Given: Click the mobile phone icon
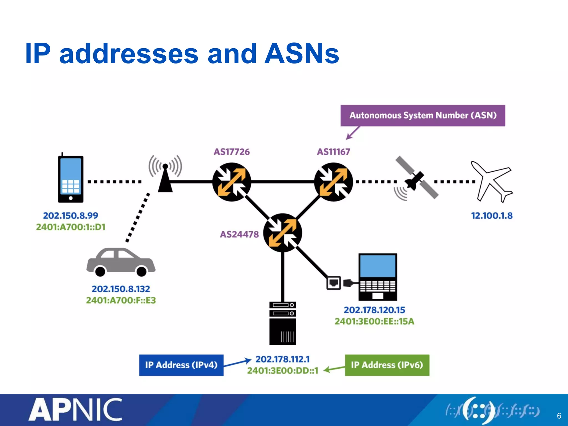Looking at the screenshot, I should pos(70,179).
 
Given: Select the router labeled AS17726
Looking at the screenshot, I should pos(232,182).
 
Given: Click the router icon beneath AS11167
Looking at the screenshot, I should pos(333,182).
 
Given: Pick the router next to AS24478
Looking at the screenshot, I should pos(282,232).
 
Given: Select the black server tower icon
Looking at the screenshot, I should pos(282,323).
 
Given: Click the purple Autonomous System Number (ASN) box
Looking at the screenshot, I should pos(423,115).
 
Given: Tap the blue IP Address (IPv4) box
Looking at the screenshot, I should pos(181,365).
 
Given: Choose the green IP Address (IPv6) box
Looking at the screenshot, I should pos(387,365).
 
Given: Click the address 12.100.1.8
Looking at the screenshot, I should pos(492,215).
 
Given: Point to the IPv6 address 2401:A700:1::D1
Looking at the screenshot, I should pos(71,227).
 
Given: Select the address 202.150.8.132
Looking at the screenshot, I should pos(121,289).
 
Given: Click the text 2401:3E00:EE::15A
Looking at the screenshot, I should pos(374,321).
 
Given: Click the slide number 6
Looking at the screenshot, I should pos(559,416).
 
